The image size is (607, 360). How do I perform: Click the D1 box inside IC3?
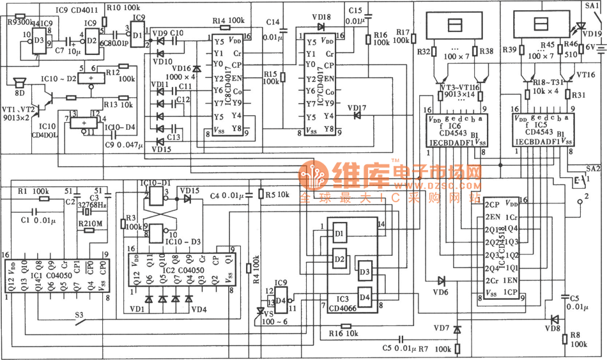click(339, 233)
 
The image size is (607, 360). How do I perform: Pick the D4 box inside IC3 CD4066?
click(364, 296)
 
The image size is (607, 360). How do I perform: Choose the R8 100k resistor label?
click(579, 338)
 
